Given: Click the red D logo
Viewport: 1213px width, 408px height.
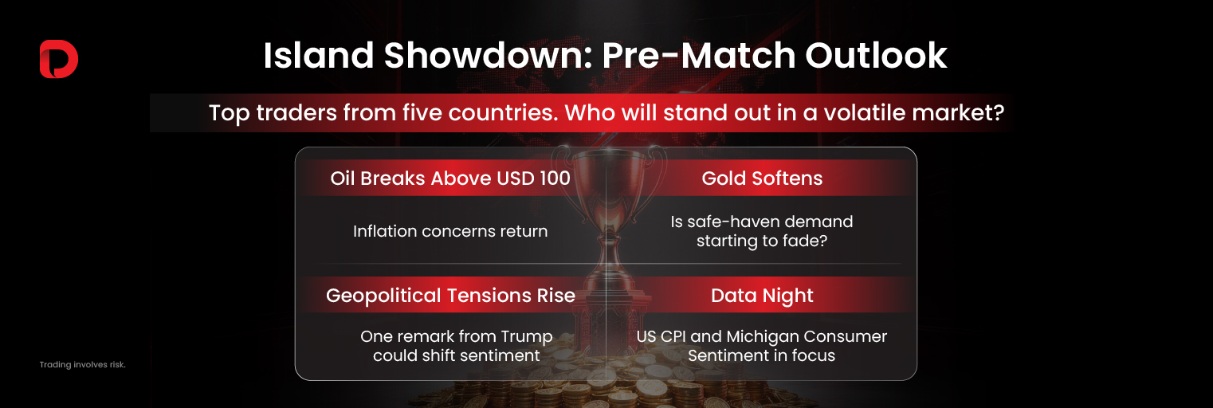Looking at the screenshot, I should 58,60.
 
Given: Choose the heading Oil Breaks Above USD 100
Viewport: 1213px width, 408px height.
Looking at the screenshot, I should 450,178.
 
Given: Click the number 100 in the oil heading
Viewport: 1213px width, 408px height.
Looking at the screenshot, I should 554,178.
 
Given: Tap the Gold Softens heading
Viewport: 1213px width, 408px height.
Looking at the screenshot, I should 762,178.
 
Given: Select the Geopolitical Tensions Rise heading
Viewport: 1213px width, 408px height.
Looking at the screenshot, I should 450,296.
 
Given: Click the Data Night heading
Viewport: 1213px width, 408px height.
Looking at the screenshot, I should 762,296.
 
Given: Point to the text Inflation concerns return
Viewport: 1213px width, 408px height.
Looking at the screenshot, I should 450,231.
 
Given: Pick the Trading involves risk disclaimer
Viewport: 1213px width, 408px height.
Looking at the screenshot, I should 83,364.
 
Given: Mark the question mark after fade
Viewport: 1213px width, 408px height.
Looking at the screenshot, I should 822,240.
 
